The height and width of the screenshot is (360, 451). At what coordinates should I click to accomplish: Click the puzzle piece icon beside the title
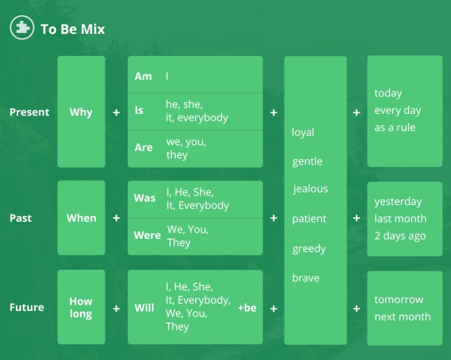pos(22,28)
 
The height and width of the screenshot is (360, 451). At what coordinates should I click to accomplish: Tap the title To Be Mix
pos(73,29)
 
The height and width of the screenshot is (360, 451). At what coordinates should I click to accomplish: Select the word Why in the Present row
pos(81,112)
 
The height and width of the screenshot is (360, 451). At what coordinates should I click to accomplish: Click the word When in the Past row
pos(81,218)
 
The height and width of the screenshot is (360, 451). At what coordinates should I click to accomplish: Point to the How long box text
pos(81,308)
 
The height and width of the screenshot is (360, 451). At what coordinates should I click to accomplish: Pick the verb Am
pos(143,77)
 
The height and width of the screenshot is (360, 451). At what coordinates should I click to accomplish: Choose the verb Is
pos(139,110)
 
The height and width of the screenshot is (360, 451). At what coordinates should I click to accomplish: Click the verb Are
pos(144,148)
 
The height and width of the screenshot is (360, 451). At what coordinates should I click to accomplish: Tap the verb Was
pos(145,198)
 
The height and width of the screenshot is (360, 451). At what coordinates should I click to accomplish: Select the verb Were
pos(147,235)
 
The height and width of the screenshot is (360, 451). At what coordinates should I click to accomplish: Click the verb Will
pos(144,308)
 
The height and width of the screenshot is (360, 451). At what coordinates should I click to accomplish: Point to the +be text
pos(247,308)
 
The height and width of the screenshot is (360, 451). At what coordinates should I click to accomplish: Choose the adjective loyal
pos(303,132)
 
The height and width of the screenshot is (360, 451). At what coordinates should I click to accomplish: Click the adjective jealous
pos(311,189)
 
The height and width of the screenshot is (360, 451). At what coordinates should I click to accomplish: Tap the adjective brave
pos(306,278)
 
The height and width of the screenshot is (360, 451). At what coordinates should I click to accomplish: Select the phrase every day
pos(398,110)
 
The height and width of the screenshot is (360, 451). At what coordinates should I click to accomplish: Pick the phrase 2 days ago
pos(400,236)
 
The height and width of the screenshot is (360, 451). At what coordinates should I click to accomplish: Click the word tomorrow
pos(399,300)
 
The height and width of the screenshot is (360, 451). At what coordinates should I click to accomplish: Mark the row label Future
pos(26,308)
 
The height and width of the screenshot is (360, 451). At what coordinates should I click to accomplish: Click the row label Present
pos(29,112)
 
